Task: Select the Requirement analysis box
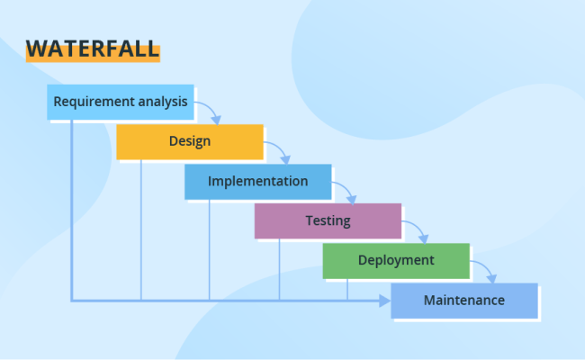click(120, 102)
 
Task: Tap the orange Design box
click(189, 141)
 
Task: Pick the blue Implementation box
click(257, 181)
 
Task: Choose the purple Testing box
click(328, 220)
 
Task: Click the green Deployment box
click(396, 260)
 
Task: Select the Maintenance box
click(463, 301)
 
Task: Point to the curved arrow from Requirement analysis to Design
click(209, 111)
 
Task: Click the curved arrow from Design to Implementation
click(278, 150)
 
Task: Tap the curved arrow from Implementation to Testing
click(346, 190)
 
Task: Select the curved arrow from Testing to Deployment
click(416, 229)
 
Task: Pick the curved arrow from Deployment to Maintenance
click(484, 269)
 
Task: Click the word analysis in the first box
click(163, 102)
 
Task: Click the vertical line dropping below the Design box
click(140, 229)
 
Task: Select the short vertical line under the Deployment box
click(347, 288)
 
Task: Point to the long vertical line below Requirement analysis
click(71, 207)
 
